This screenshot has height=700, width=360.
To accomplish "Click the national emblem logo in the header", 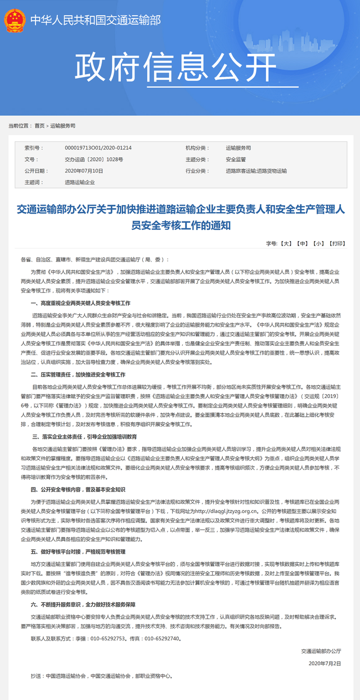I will point(15,20).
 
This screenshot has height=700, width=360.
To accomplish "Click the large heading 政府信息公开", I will point(174,69).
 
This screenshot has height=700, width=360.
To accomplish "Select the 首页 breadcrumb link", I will point(39,126).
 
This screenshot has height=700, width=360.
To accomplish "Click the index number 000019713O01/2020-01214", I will point(98,148).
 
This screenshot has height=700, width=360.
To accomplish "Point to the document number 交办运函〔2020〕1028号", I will point(94,160).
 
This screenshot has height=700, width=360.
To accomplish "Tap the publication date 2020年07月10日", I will point(84,171).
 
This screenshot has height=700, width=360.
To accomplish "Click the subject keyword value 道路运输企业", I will point(80,183).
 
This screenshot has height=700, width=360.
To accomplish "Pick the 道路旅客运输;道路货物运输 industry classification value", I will point(256,171).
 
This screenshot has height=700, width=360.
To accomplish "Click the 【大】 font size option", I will point(286,243).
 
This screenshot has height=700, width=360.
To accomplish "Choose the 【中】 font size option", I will point(303,243).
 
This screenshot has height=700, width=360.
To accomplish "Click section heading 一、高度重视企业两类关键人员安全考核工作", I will point(80,303).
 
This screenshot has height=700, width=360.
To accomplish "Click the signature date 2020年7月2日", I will point(325,663).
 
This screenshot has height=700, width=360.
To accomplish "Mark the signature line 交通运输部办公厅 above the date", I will point(321,651).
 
